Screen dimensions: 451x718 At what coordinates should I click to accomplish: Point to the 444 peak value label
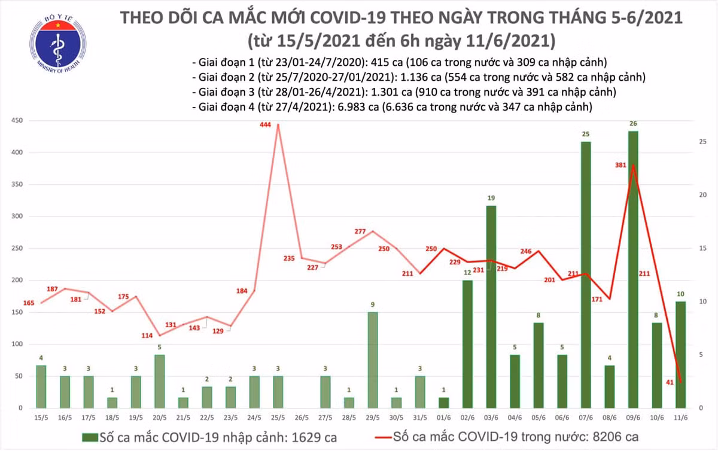click(x=265, y=124)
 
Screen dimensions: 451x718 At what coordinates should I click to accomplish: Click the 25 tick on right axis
click(x=704, y=142)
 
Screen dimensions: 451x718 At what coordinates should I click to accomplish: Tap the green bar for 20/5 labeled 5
click(x=159, y=381)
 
